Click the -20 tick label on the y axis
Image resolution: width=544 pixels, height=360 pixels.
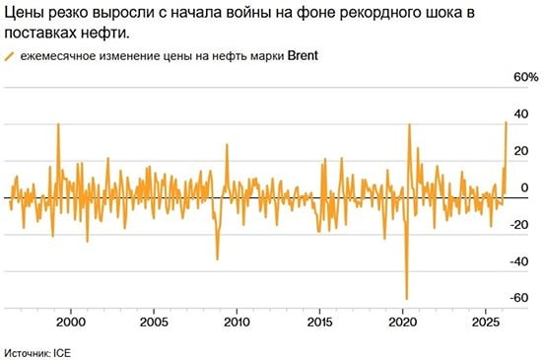tap(523, 224)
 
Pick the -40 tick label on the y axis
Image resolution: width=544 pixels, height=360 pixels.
tap(523, 261)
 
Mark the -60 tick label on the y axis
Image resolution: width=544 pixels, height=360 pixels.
tap(523, 298)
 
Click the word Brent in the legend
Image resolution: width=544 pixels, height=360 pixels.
tap(306, 56)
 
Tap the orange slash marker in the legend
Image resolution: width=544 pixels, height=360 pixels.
tap(12, 57)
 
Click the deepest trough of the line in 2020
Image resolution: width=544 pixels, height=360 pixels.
tap(406, 298)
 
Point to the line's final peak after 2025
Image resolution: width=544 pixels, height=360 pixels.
tap(506, 122)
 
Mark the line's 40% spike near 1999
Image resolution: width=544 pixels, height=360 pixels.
tap(58, 125)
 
